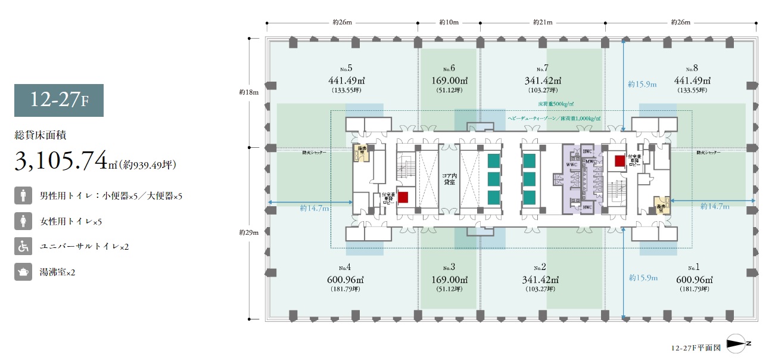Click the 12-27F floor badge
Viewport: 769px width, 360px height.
(x=59, y=100)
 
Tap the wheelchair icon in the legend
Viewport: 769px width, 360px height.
(x=23, y=247)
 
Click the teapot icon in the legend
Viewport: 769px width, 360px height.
(x=23, y=272)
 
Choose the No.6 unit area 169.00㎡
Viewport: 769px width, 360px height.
(x=449, y=81)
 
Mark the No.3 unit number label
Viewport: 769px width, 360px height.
(x=449, y=267)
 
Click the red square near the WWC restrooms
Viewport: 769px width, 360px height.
(x=619, y=160)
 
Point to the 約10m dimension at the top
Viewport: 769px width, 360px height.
(x=449, y=23)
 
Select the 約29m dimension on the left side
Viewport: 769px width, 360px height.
(x=249, y=232)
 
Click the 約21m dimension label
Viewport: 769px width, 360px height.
(x=542, y=23)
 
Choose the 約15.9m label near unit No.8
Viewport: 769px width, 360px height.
(x=642, y=85)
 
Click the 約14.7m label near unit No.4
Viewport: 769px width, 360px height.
(x=315, y=208)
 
